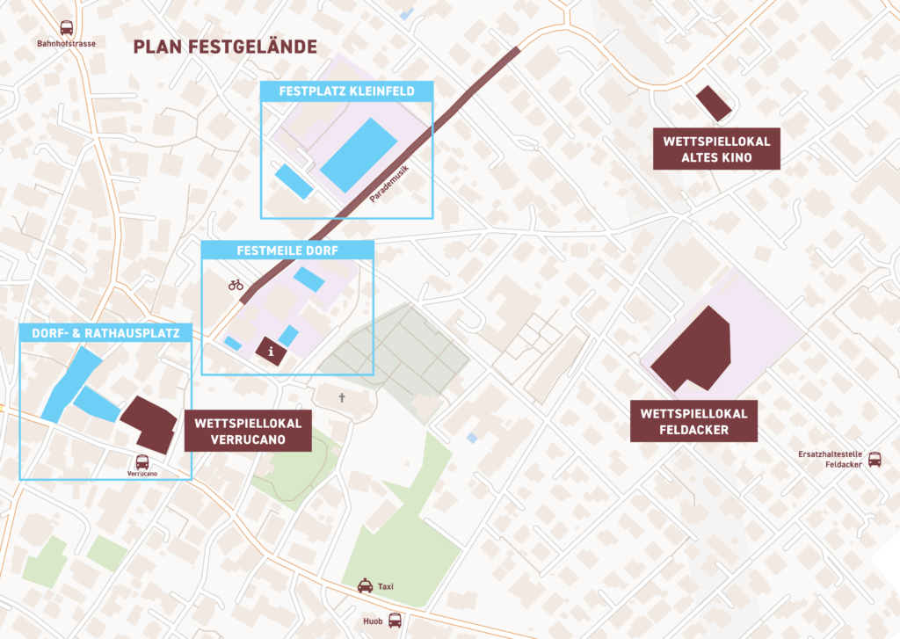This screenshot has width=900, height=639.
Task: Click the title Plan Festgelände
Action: click(224, 47)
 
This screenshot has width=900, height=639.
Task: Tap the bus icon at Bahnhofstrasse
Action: click(66, 28)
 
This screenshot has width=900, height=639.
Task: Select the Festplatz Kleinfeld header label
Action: click(347, 91)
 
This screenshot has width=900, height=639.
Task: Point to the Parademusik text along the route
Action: click(389, 180)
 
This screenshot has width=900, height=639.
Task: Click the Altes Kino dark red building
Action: click(713, 104)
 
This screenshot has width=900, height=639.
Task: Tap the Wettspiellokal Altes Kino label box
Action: click(716, 149)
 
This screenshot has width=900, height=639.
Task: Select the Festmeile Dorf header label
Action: click(287, 250)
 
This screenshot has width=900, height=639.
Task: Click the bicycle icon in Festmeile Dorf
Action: click(236, 285)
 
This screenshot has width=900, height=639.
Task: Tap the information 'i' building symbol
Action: click(272, 351)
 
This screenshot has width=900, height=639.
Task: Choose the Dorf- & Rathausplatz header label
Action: click(105, 333)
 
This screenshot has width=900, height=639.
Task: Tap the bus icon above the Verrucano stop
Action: click(142, 461)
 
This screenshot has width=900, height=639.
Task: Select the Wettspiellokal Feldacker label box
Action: click(693, 422)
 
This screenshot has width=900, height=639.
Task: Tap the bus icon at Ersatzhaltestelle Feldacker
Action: click(875, 459)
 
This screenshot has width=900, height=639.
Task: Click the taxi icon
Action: click(365, 586)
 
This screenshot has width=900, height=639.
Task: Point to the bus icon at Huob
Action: click(395, 620)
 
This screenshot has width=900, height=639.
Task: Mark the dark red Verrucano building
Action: click(148, 423)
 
